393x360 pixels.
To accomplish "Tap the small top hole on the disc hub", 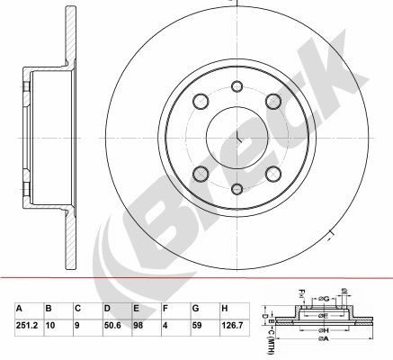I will pyautogui.click(x=237, y=86).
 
